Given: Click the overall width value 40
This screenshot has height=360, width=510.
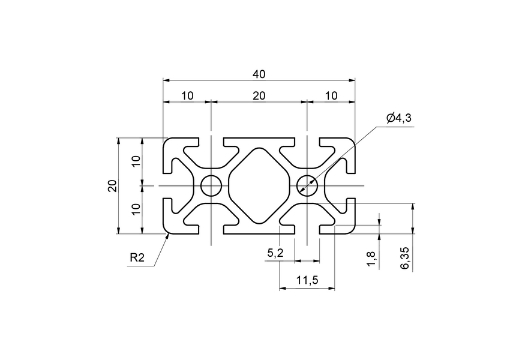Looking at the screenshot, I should coord(259,74).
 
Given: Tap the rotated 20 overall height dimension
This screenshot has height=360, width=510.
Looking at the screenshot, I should coord(112,186).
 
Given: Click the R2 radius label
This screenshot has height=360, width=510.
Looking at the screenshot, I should coord(137,258).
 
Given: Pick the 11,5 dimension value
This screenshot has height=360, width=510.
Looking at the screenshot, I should coord(307,280).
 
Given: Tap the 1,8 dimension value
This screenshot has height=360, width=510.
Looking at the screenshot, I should coord(371,259).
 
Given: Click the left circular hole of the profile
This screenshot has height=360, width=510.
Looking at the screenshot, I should coord(211,186).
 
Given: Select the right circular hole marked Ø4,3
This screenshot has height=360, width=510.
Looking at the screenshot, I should coord(307,186).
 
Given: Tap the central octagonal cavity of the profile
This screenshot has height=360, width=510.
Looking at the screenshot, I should coord(259,186).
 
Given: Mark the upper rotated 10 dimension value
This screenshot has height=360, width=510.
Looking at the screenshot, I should coord(136,161).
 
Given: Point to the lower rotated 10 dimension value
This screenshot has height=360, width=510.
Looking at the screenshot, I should coord(136,209).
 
